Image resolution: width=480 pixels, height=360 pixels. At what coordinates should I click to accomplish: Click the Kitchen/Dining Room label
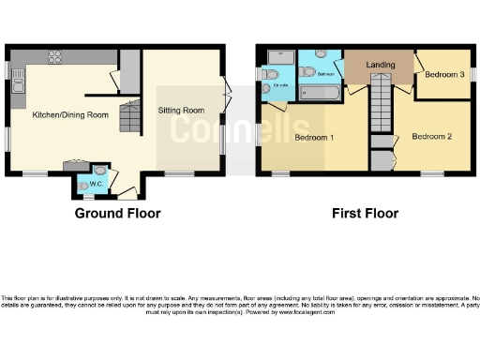66,114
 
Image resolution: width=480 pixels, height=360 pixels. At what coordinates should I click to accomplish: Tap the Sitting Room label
181,110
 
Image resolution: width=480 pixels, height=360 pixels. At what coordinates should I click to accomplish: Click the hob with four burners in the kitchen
54,54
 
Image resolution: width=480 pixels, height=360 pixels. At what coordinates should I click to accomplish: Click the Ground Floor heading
117,214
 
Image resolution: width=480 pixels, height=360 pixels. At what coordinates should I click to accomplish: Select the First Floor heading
365,214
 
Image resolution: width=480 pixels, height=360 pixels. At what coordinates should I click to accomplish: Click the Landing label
379,65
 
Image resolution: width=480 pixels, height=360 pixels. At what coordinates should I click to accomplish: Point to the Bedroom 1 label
315,138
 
